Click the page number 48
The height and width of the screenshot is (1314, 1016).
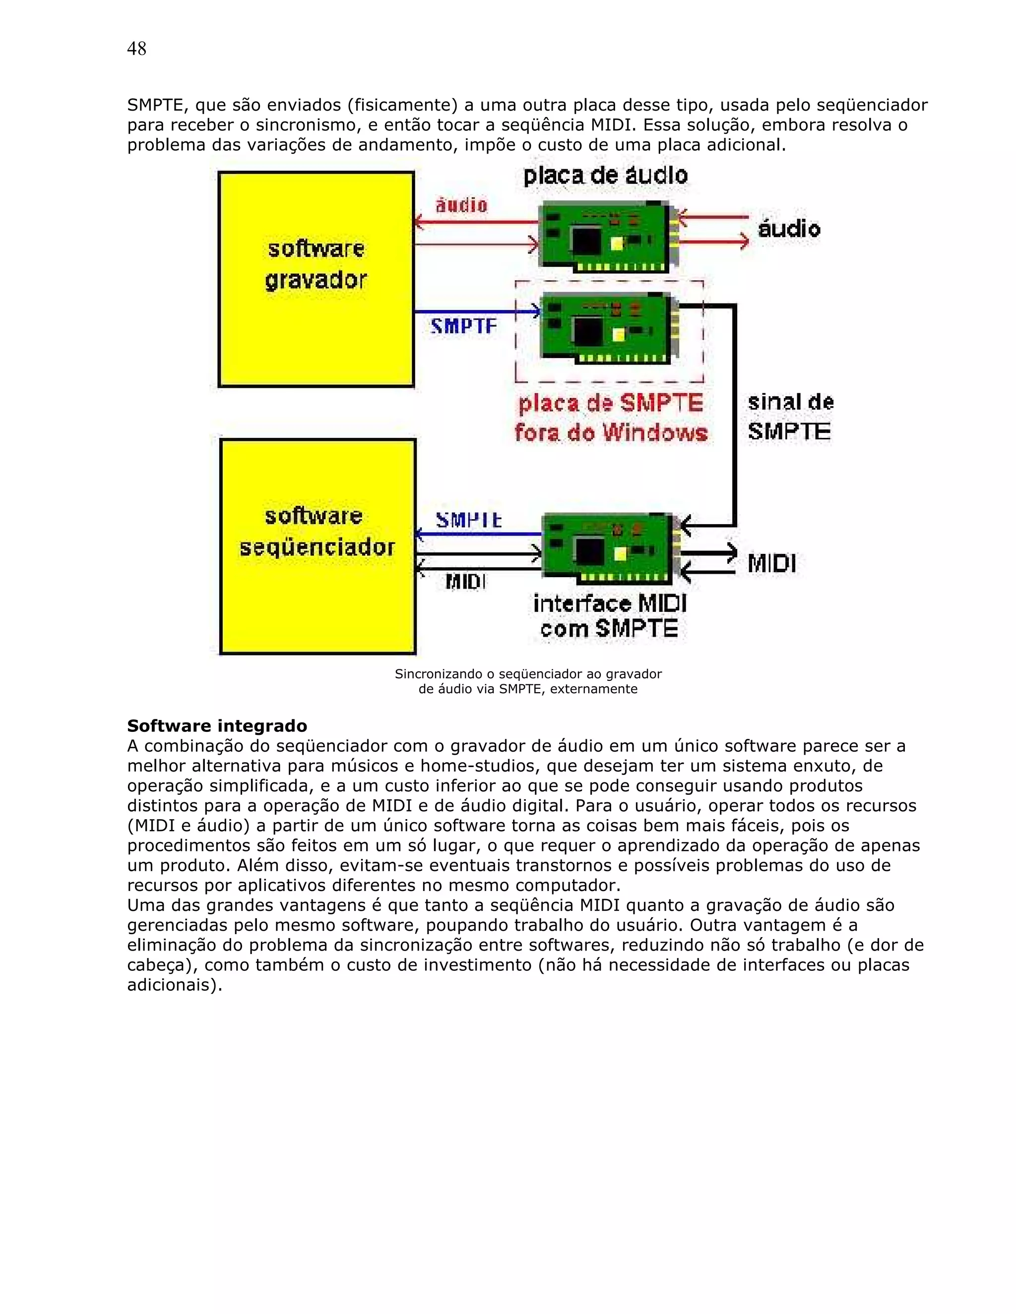pos(136,49)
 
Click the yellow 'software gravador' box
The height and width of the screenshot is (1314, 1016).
pos(316,280)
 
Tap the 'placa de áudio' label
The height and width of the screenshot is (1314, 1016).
pos(605,176)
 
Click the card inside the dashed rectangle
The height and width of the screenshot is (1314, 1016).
pos(608,328)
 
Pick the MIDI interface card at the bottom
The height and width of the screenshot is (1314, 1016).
pos(610,548)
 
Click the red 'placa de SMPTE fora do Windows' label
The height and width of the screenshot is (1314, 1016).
pos(610,418)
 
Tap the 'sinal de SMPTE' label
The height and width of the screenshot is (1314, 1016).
pos(790,417)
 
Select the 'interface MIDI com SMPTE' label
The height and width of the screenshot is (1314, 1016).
pos(610,616)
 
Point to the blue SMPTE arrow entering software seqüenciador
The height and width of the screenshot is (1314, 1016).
pos(479,534)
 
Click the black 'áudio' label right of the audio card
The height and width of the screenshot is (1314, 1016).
pos(788,229)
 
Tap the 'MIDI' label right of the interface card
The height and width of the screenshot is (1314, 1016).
pos(771,564)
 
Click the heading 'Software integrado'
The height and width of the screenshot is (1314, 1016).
pos(217,725)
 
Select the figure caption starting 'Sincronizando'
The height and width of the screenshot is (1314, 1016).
pos(528,681)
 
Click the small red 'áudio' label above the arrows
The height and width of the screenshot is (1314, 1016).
pos(461,205)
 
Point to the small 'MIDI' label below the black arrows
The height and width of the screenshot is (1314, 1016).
pos(465,582)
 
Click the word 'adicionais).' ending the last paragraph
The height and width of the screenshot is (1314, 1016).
pos(175,985)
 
